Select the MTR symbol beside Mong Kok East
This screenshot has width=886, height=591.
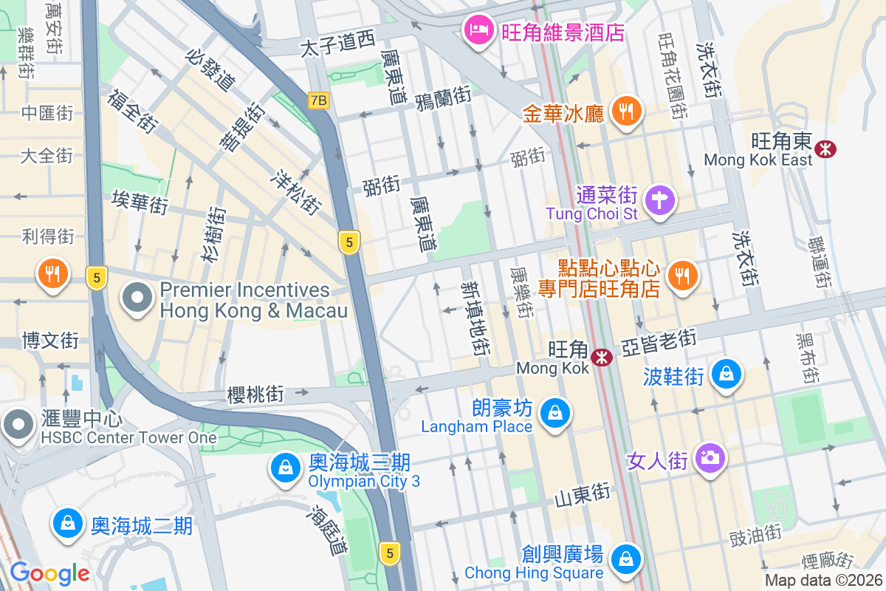(824, 150)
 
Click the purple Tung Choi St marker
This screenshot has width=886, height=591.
(660, 200)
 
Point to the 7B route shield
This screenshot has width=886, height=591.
(319, 100)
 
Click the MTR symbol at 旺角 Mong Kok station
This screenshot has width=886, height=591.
(602, 358)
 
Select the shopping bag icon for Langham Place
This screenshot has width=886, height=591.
(554, 413)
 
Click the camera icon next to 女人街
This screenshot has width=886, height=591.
(710, 459)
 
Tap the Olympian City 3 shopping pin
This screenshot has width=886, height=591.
(284, 468)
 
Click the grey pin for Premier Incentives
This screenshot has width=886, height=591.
(137, 299)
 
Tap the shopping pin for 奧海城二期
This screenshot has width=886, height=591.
(67, 524)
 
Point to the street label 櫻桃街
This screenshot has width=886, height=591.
(255, 394)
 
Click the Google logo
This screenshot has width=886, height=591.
(49, 573)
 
